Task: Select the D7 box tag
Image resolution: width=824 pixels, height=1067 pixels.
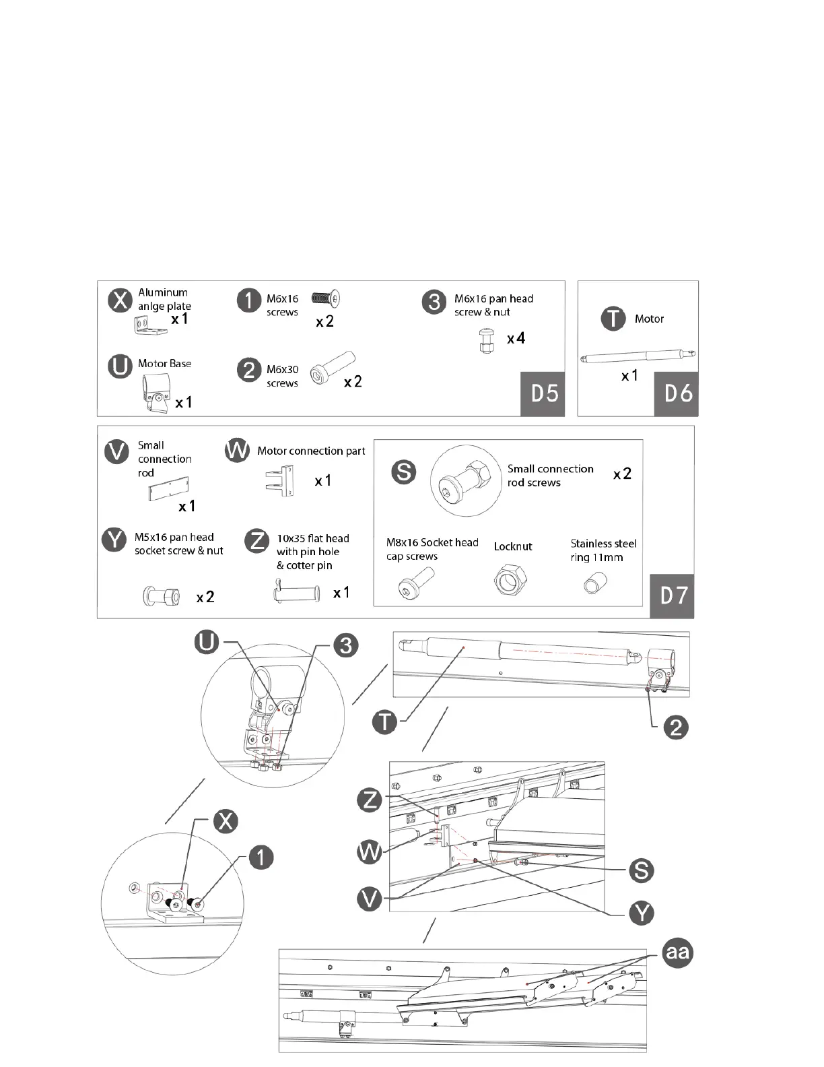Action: click(672, 596)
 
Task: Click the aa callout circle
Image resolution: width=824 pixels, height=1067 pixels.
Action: click(677, 952)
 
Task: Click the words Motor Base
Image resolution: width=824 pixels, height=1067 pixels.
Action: click(164, 364)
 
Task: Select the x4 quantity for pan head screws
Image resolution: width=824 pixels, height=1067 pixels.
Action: click(516, 338)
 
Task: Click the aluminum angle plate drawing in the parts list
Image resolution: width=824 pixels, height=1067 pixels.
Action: click(149, 327)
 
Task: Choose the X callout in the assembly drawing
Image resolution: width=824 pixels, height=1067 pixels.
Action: click(226, 821)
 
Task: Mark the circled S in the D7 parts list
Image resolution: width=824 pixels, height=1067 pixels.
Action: click(404, 472)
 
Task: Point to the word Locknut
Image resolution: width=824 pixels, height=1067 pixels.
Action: click(512, 546)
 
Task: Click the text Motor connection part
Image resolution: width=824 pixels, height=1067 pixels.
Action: click(311, 451)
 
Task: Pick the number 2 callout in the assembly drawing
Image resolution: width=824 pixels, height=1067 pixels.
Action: click(676, 726)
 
